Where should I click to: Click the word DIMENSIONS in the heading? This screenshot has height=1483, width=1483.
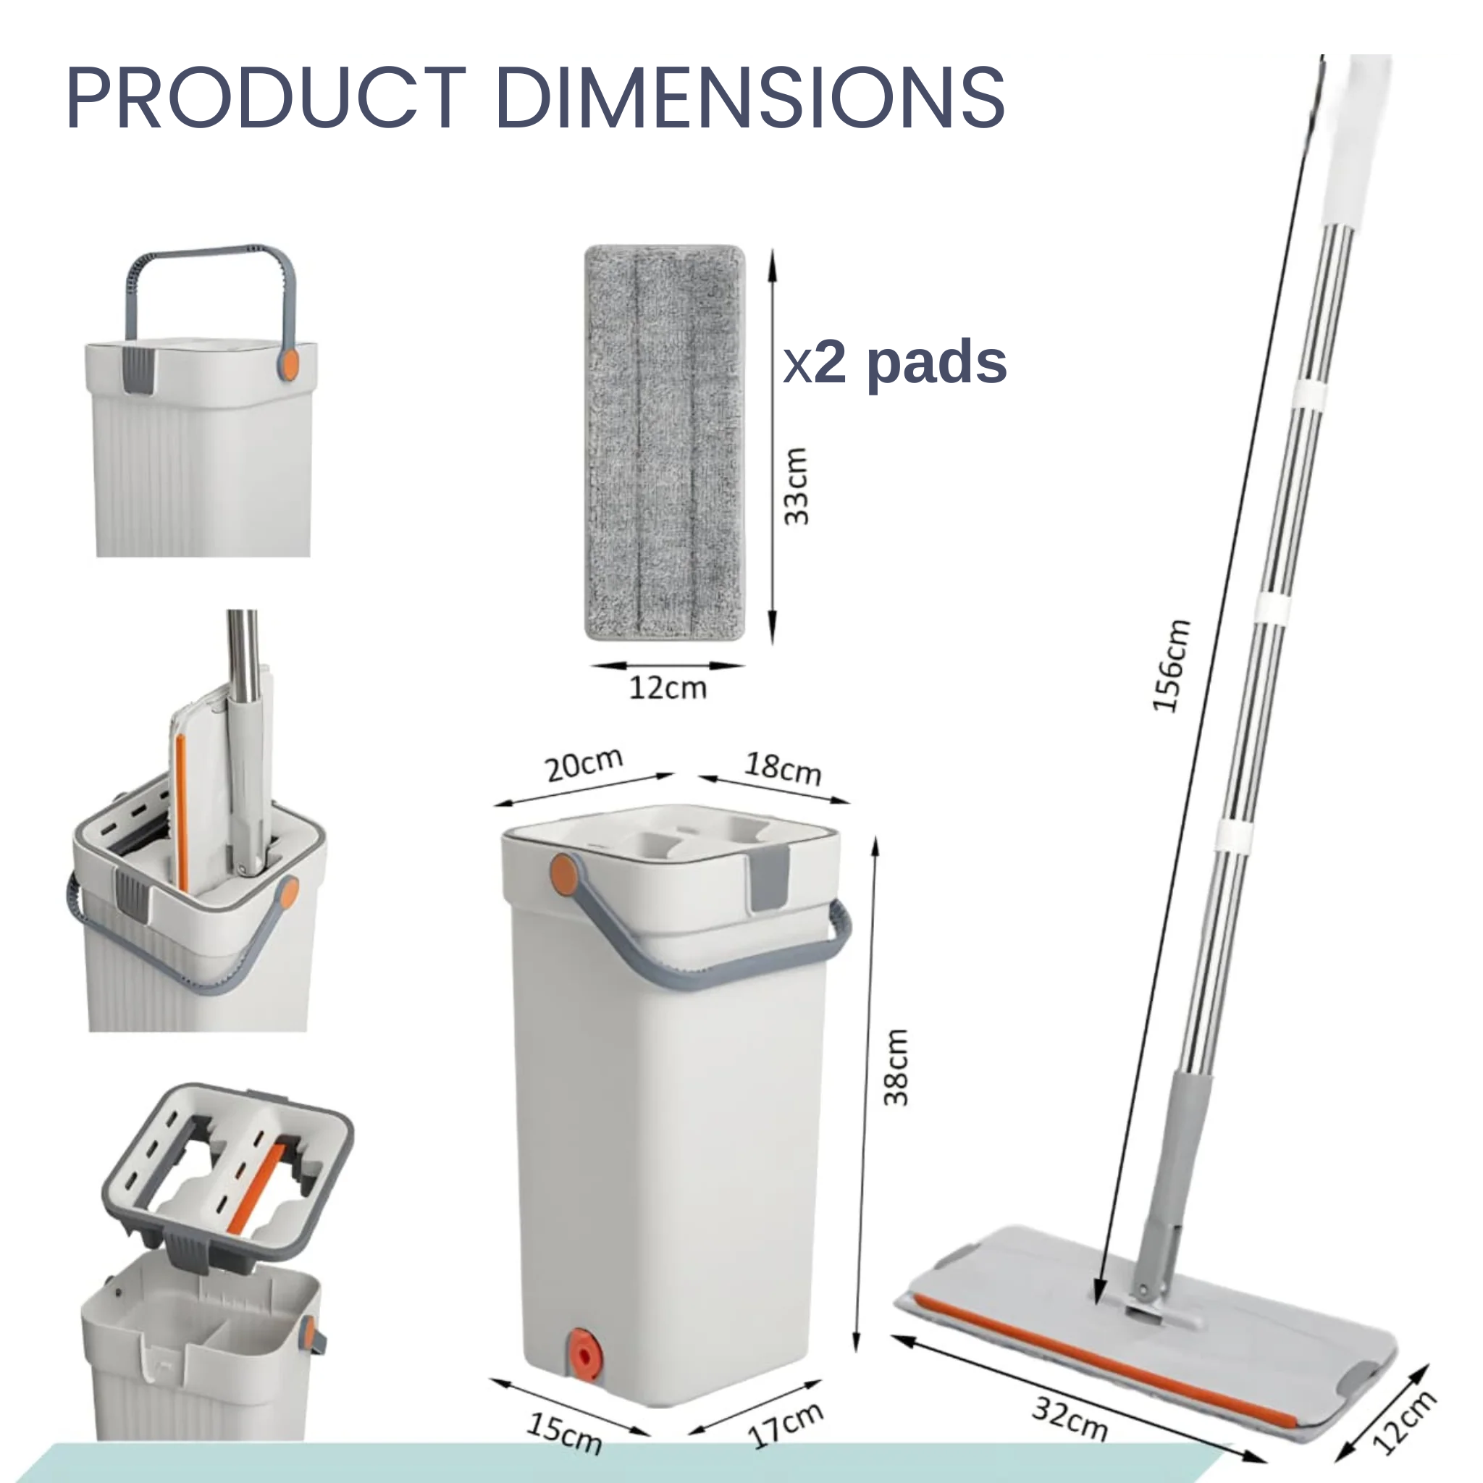pos(751,98)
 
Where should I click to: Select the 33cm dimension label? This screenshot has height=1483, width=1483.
pos(796,486)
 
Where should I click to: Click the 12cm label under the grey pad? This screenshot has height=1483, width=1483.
pos(668,688)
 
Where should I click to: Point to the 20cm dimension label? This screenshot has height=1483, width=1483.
pos(584,765)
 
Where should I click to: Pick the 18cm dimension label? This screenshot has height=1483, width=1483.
pos(783,768)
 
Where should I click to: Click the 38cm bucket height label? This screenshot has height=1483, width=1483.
pos(896,1068)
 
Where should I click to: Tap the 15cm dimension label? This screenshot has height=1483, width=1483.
pos(564,1433)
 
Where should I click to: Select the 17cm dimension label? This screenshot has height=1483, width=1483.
pos(786,1425)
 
